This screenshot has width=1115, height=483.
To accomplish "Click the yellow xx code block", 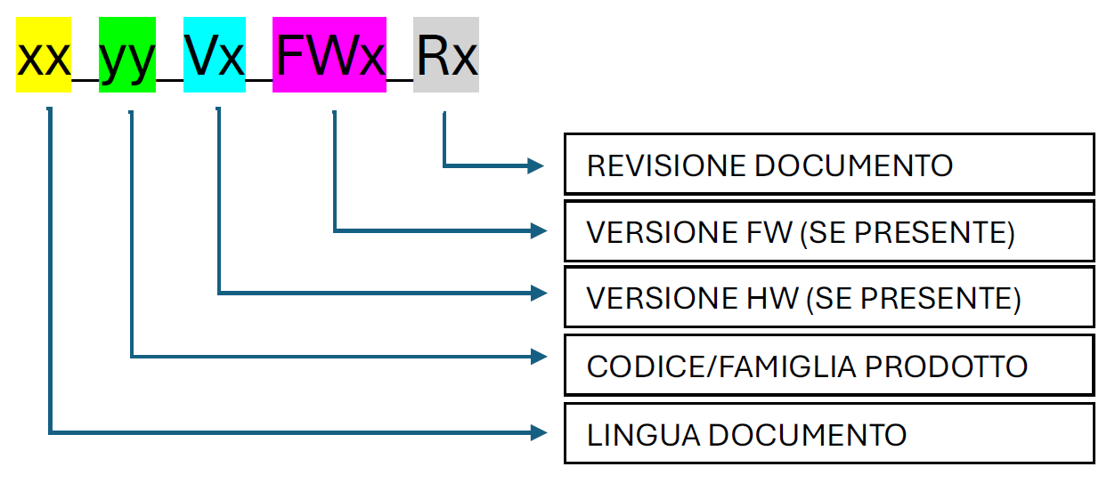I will pyautogui.click(x=44, y=55).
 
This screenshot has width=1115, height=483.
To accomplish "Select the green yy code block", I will pyautogui.click(x=127, y=55).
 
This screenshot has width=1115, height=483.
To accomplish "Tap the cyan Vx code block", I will pyautogui.click(x=214, y=55).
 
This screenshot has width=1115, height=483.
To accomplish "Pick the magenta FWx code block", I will pyautogui.click(x=330, y=55).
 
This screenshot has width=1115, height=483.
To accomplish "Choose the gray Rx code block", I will pyautogui.click(x=446, y=55).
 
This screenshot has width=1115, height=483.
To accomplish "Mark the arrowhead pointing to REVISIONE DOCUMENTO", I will pyautogui.click(x=536, y=165).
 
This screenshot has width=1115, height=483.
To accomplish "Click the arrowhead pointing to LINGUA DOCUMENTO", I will pyautogui.click(x=536, y=433).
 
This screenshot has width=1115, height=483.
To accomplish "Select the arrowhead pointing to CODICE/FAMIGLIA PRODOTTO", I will pyautogui.click(x=536, y=357).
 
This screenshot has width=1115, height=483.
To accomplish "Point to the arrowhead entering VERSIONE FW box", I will pyautogui.click(x=536, y=231).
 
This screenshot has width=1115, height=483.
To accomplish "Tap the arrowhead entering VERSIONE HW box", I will pyautogui.click(x=536, y=292).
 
